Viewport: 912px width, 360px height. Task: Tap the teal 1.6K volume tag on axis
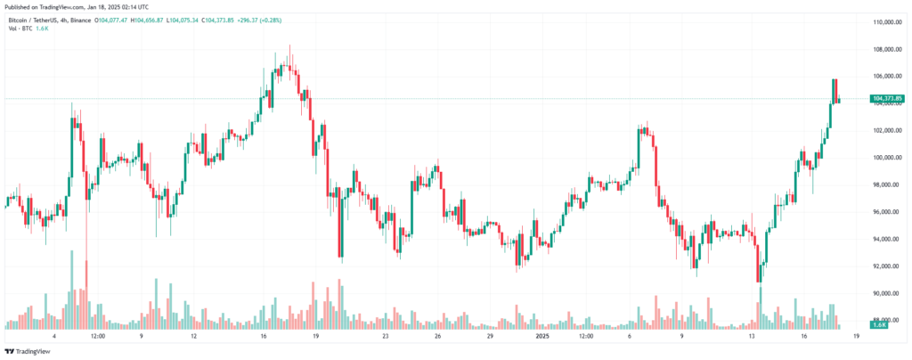tap(877, 326)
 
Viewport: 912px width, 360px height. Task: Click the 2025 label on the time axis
tap(542, 337)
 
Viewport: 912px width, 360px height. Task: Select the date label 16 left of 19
tap(264, 337)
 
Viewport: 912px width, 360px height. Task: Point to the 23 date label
tap(385, 337)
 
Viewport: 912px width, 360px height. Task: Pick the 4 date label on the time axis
tap(54, 337)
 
